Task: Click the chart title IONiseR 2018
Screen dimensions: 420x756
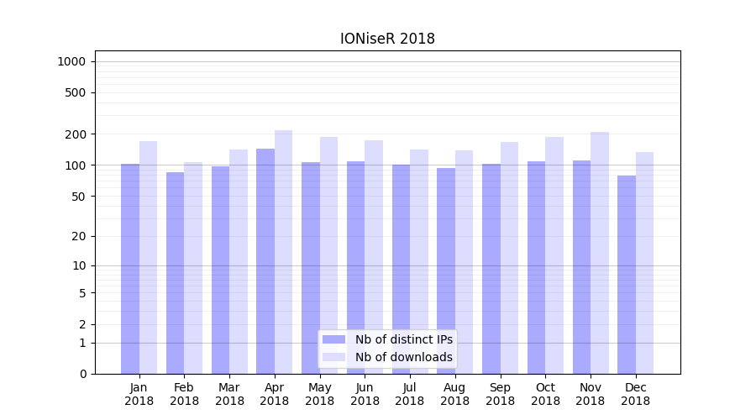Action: click(x=387, y=39)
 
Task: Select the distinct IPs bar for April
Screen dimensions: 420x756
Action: click(x=265, y=260)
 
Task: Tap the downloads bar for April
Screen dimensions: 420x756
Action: click(x=284, y=252)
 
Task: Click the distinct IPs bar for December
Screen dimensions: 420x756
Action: click(x=627, y=274)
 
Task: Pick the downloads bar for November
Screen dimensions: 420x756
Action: click(x=600, y=252)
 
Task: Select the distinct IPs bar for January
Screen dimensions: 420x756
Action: click(x=130, y=268)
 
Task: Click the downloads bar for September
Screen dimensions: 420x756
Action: click(x=509, y=257)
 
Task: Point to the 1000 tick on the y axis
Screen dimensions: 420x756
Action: click(x=71, y=61)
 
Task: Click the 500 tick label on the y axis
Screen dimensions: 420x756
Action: click(x=76, y=92)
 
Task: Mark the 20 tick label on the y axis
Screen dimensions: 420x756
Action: click(x=79, y=236)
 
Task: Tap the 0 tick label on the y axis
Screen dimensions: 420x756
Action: click(x=82, y=374)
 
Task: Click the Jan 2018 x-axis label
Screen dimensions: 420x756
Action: click(x=139, y=394)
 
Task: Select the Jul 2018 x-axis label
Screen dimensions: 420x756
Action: click(x=410, y=394)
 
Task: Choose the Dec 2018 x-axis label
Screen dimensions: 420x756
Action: click(x=635, y=394)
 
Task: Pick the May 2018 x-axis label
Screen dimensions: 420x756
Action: click(x=320, y=394)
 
